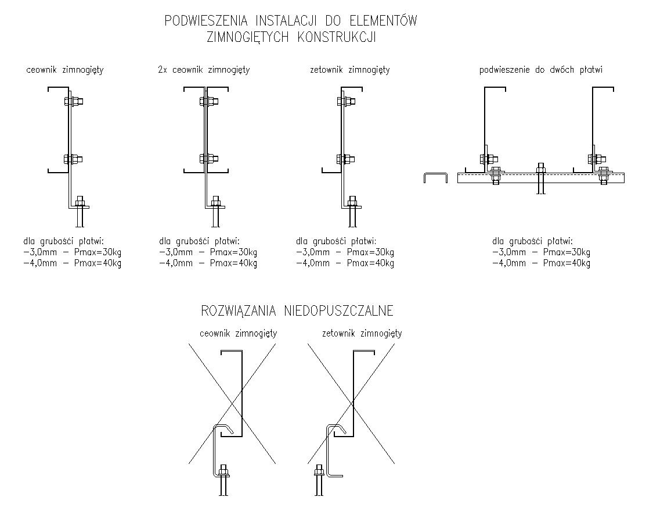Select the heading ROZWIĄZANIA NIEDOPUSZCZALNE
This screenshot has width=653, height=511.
pyautogui.click(x=297, y=310)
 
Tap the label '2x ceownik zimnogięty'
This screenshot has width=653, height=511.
pyautogui.click(x=204, y=70)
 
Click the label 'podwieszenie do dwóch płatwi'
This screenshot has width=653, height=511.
pyautogui.click(x=541, y=70)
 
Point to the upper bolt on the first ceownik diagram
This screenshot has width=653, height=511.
pyautogui.click(x=74, y=102)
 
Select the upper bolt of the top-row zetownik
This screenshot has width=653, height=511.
pyautogui.click(x=346, y=102)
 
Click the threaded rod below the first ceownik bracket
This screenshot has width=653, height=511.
pyautogui.click(x=80, y=217)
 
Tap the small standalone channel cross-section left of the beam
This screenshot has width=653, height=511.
pyautogui.click(x=435, y=177)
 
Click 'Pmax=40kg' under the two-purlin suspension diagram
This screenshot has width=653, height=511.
pyautogui.click(x=567, y=263)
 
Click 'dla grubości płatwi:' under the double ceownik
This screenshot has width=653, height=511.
pyautogui.click(x=199, y=241)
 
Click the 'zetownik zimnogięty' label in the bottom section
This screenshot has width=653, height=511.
pyautogui.click(x=362, y=334)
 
